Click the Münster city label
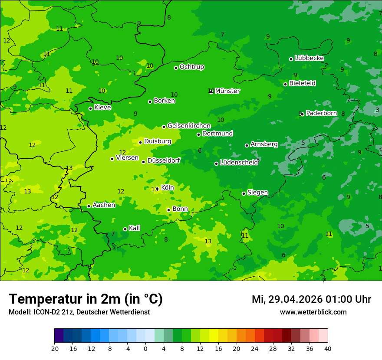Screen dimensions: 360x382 [227, 91]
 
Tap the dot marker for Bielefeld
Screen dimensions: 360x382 [285, 84]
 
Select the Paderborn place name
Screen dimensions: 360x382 [321, 113]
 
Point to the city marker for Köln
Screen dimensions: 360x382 [157, 189]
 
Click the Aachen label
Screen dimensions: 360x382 [104, 205]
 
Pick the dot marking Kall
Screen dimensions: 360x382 [125, 229]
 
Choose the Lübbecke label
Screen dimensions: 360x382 [309, 58]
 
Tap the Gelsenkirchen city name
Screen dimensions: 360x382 [189, 126]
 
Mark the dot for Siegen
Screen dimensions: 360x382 [244, 193]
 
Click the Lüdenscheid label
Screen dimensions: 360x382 [239, 163]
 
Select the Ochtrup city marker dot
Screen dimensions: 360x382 [176, 68]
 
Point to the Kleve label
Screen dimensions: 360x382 [102, 108]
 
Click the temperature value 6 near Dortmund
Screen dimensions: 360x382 [200, 151]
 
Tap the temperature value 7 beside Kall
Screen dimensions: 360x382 [113, 234]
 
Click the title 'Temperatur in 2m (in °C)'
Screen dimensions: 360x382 [86, 299]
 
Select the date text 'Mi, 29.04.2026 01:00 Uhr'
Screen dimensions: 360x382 [311, 299]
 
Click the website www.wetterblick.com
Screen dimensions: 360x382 [313, 312]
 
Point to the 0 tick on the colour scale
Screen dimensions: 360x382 [145, 349]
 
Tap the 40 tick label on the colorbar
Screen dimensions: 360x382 [327, 349]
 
